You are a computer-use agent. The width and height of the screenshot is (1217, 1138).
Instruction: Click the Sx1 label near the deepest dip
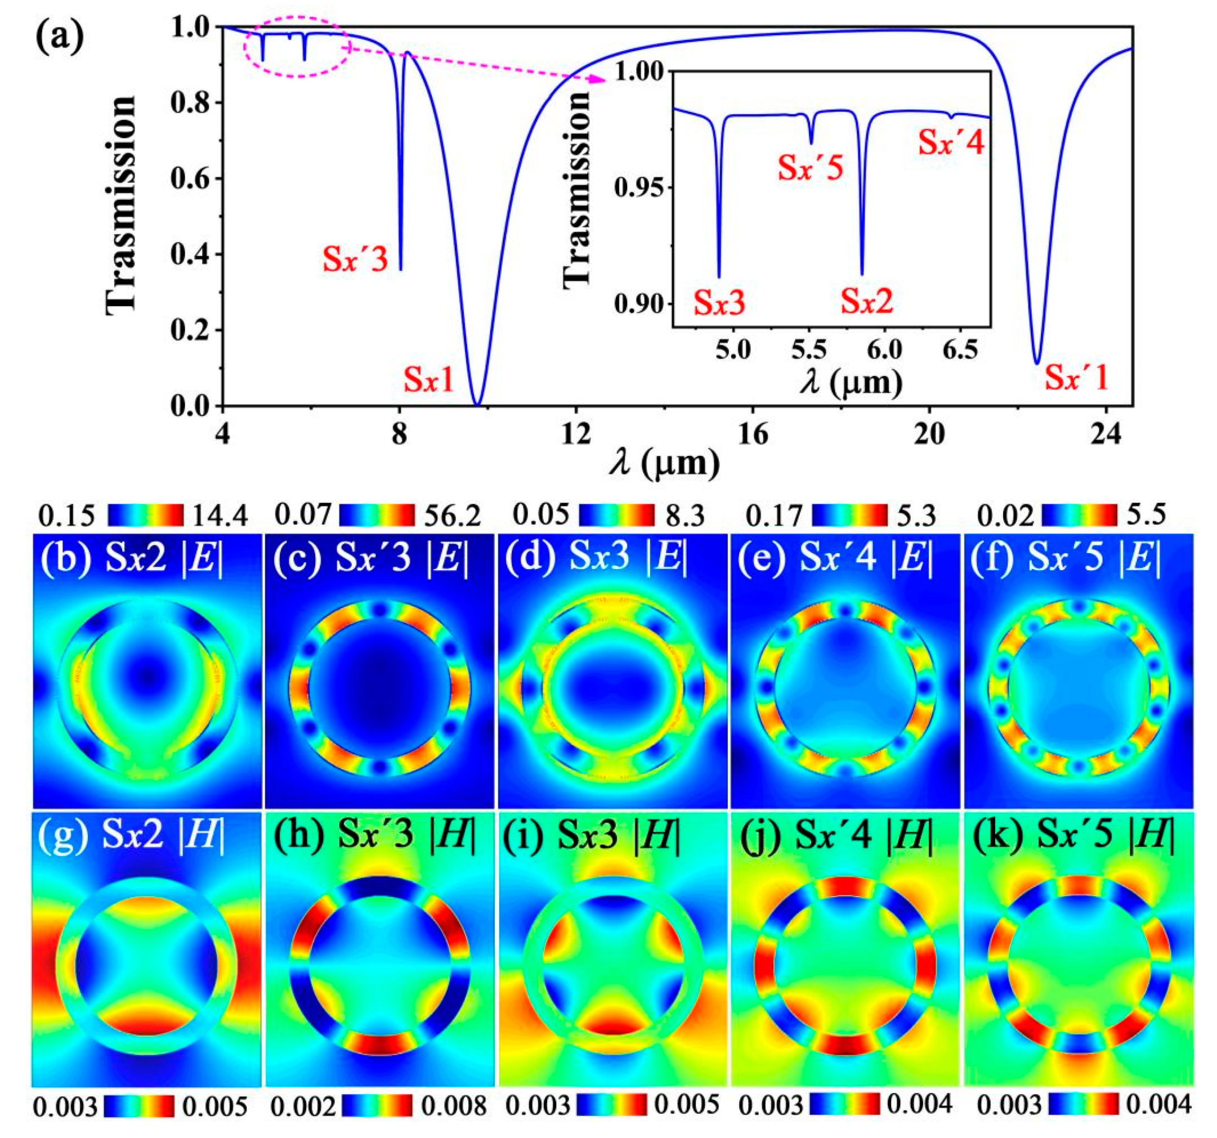[428, 382]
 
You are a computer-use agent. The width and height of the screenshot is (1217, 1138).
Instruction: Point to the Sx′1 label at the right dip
[1076, 378]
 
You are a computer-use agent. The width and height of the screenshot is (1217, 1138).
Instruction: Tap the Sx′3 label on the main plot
[356, 260]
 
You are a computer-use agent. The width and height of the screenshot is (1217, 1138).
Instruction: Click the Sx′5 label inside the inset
[811, 167]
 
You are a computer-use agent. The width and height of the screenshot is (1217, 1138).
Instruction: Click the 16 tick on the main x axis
[753, 434]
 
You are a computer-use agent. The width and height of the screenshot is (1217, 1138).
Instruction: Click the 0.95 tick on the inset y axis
[639, 187]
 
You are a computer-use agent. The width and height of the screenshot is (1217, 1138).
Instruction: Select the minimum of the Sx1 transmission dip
[477, 404]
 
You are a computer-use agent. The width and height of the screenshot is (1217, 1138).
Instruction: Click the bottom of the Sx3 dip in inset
[719, 277]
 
